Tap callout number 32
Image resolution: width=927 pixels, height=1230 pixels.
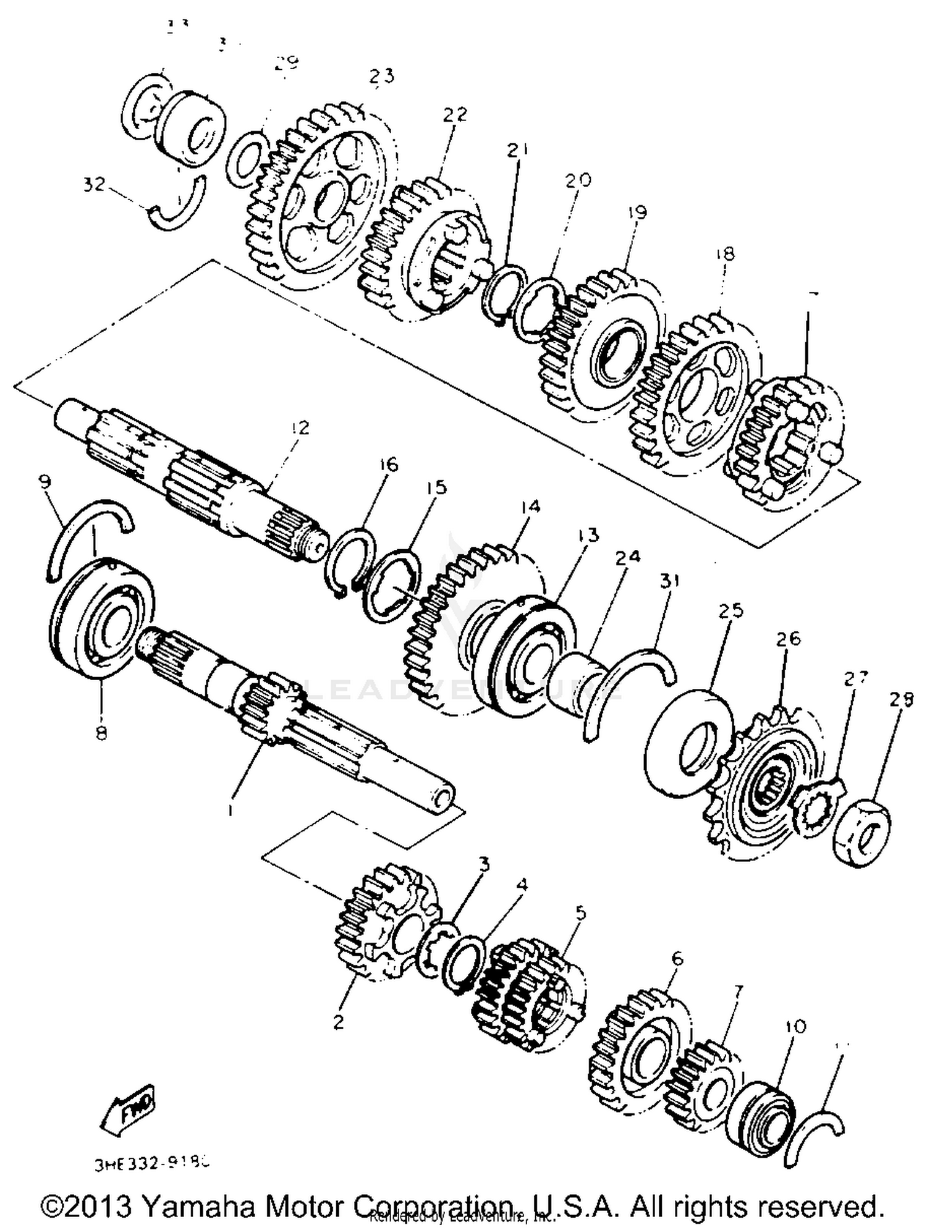[94, 184]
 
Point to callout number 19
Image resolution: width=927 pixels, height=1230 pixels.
[637, 213]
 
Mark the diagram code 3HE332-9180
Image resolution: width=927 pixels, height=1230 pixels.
[152, 1165]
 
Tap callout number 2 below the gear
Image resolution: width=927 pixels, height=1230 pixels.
[338, 1022]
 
